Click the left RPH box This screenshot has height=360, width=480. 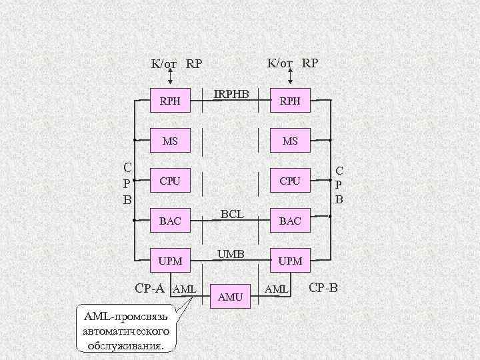tap(170, 101)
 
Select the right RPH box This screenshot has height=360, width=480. tap(290, 101)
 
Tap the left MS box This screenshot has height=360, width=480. tap(170, 141)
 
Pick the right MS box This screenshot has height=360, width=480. tap(290, 141)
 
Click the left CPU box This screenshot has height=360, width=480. tap(170, 181)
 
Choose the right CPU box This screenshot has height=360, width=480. tap(290, 181)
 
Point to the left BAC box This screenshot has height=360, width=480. tap(170, 221)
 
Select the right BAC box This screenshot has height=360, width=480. tap(290, 221)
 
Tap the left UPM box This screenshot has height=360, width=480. tap(170, 261)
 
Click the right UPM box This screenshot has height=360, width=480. tap(290, 261)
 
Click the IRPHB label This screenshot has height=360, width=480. tap(231, 95)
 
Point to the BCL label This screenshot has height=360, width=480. tap(231, 214)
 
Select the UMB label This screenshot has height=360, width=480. tap(231, 254)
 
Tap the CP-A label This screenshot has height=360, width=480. tap(149, 289)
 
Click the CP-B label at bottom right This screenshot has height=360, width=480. tap(324, 289)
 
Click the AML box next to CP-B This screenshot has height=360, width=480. tap(277, 289)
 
